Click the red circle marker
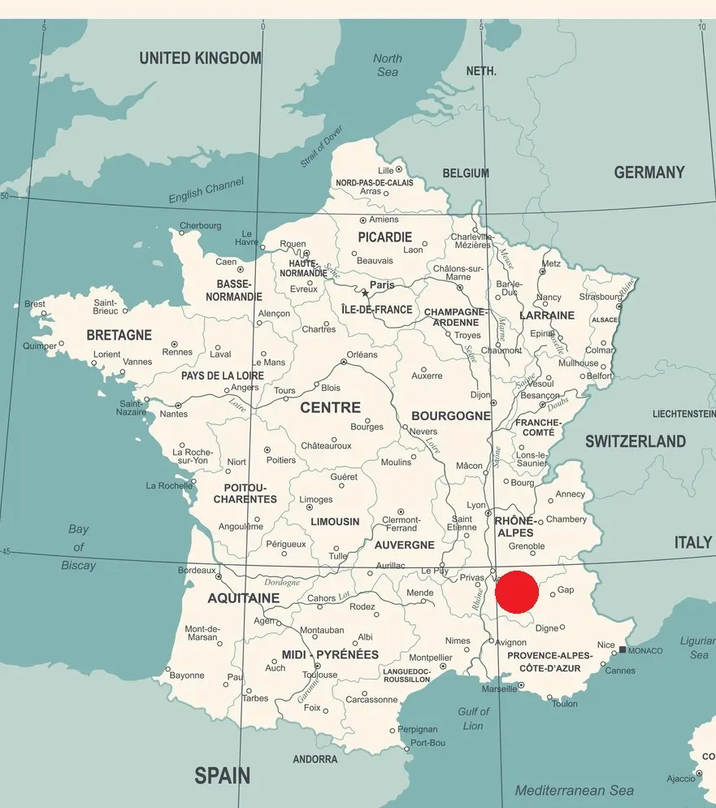tap(517, 592)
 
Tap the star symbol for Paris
tap(365, 293)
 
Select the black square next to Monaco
tap(623, 649)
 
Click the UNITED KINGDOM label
tap(200, 59)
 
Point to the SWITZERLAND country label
tap(636, 441)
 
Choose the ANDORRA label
tap(315, 759)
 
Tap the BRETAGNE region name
tap(119, 335)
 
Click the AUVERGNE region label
tap(405, 545)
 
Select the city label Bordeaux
tap(197, 571)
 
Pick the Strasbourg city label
tap(600, 297)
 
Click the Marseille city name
tap(499, 689)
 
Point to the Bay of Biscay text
tap(78, 547)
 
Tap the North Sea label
tap(388, 65)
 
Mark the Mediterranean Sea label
tap(575, 790)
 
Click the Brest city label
tap(35, 304)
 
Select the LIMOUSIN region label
tap(335, 522)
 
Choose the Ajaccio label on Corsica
tap(681, 779)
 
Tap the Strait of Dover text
tap(322, 146)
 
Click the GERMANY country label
tap(649, 172)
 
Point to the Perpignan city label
tap(418, 729)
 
